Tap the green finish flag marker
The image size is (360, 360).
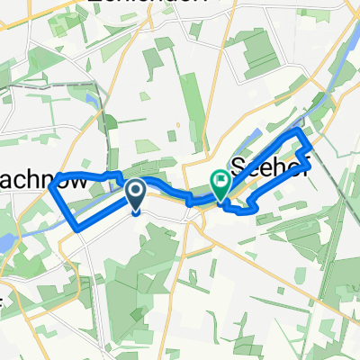click(x=220, y=184)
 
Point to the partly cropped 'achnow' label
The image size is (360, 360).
click(x=44, y=181)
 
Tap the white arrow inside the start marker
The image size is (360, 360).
click(x=136, y=190)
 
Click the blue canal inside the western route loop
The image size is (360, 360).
click(x=85, y=200)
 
